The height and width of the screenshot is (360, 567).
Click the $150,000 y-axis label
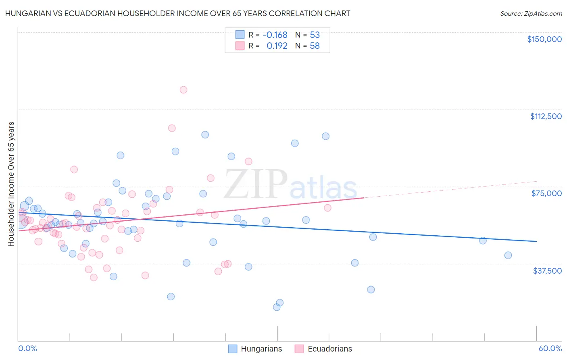pyautogui.click(x=544, y=39)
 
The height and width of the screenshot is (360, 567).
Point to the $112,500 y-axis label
pyautogui.click(x=546, y=116)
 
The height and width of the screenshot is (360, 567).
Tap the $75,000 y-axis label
pyautogui.click(x=546, y=193)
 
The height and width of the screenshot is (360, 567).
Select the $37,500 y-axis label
pyautogui.click(x=547, y=271)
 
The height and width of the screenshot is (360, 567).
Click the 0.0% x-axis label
pyautogui.click(x=27, y=348)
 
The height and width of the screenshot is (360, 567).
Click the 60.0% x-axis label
pyautogui.click(x=550, y=348)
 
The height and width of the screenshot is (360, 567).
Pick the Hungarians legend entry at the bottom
pyautogui.click(x=255, y=349)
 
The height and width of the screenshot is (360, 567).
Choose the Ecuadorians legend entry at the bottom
pyautogui.click(x=323, y=349)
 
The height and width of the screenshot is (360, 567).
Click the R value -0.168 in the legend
pyautogui.click(x=275, y=35)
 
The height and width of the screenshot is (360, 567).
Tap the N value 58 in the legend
pyautogui.click(x=315, y=46)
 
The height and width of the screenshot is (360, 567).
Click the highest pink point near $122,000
pyautogui.click(x=183, y=90)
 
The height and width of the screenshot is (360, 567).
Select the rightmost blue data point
pyautogui.click(x=508, y=255)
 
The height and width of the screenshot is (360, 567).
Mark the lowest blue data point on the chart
pyautogui.click(x=277, y=307)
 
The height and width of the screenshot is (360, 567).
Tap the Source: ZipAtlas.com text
pyautogui.click(x=531, y=13)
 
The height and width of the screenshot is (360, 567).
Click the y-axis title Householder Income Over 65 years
pyautogui.click(x=11, y=184)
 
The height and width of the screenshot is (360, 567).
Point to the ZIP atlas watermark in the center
pyautogui.click(x=290, y=185)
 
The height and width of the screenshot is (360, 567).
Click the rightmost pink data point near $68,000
pyautogui.click(x=327, y=208)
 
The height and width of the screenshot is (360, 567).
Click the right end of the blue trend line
pyautogui.click(x=536, y=241)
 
